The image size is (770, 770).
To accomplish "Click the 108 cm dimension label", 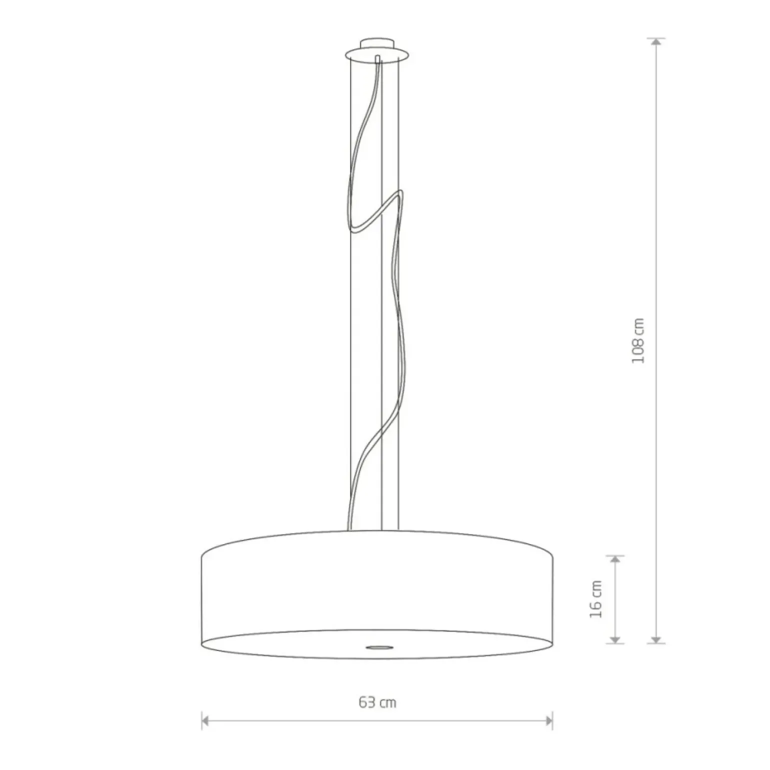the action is [x=638, y=340].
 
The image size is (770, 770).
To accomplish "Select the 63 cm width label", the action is [x=377, y=702].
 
